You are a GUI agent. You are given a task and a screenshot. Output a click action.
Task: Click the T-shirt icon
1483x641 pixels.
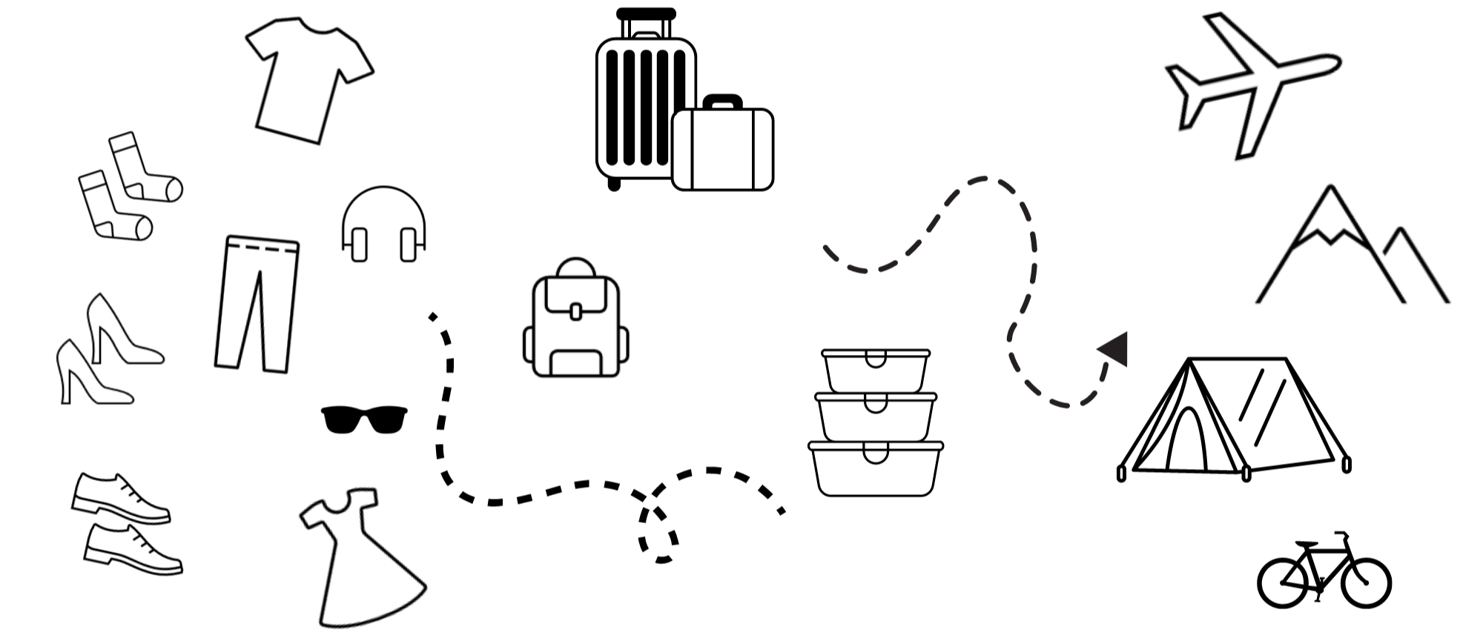pos(308,78)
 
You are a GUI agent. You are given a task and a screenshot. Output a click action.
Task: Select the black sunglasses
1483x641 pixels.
pos(364,419)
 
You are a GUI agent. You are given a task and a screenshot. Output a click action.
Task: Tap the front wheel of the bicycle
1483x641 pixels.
pos(1365,582)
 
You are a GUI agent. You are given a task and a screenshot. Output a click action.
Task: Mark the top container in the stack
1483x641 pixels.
pos(876,371)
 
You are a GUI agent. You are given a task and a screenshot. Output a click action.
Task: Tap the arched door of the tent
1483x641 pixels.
pos(1186,442)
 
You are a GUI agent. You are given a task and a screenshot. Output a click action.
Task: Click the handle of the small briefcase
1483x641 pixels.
pos(722,100)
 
